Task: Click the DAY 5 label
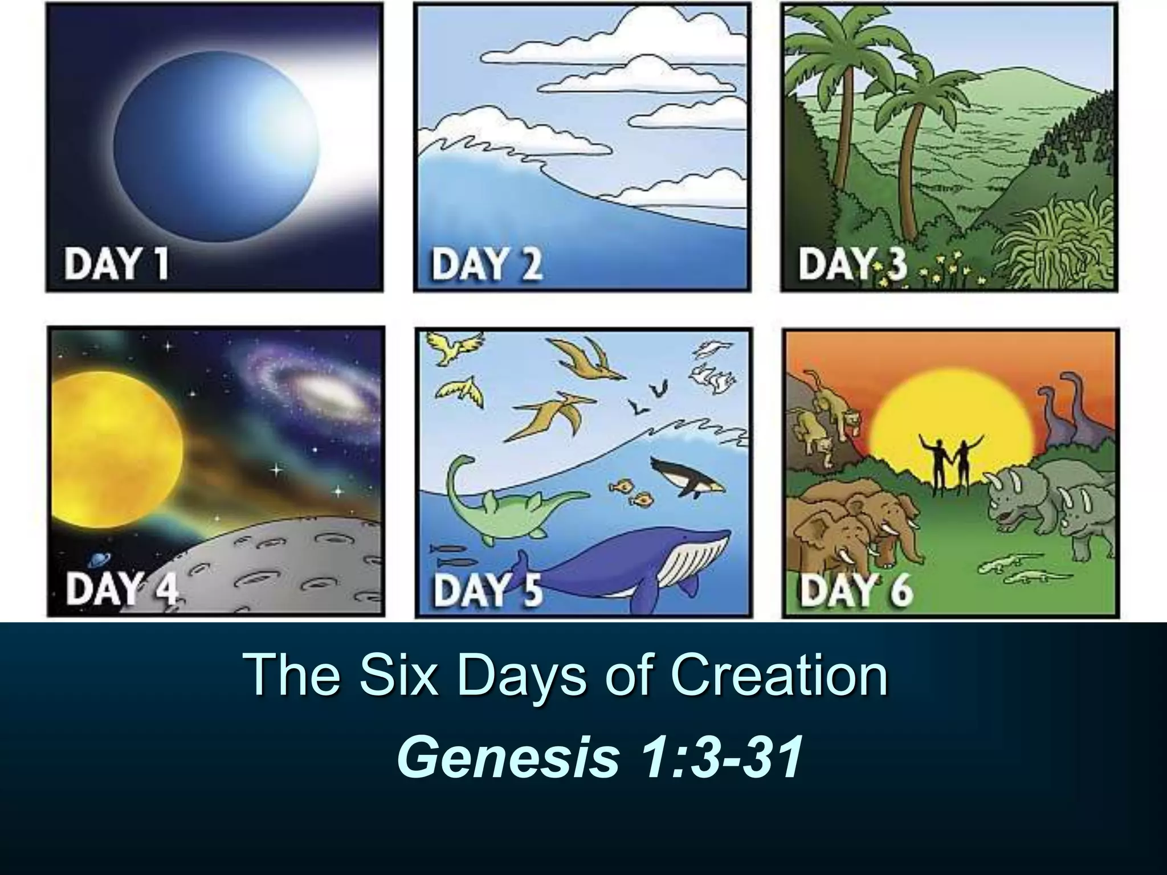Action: tap(488, 590)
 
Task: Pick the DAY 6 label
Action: tap(856, 589)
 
